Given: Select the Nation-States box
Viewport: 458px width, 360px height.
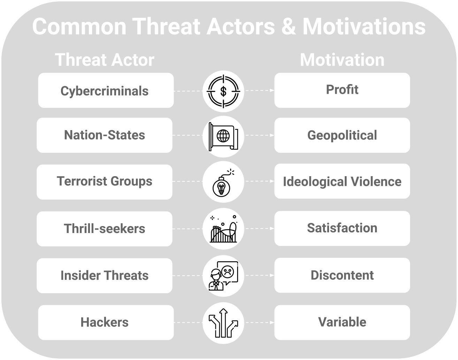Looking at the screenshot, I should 104,135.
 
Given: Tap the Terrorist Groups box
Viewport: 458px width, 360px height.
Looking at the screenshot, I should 104,182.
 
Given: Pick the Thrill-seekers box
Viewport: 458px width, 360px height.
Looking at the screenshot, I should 104,228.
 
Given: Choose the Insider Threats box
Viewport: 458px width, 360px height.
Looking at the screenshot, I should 104,275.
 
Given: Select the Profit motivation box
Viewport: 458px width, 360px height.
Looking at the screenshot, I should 342,90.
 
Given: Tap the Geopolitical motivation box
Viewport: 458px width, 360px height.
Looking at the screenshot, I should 342,135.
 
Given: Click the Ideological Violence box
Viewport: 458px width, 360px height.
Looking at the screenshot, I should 342,181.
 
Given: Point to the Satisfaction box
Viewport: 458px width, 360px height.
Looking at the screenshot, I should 342,228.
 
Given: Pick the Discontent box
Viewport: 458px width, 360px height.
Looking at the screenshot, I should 342,275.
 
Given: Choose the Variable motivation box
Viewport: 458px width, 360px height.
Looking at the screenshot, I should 342,322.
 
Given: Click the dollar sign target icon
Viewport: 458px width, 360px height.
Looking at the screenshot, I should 223,91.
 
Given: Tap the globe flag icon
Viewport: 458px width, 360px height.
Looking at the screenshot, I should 223,136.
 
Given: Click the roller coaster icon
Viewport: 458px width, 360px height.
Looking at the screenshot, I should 223,229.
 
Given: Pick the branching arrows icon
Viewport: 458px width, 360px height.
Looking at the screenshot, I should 223,323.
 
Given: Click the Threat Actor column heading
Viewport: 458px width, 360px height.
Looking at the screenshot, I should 105,60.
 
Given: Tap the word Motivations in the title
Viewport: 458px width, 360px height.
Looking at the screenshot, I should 364,26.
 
